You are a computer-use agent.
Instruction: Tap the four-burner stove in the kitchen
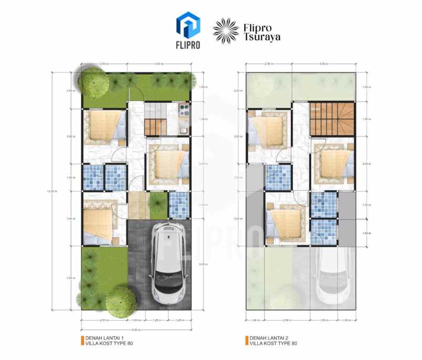[x=185, y=110]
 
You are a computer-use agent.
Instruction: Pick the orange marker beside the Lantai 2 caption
[x=246, y=341]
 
